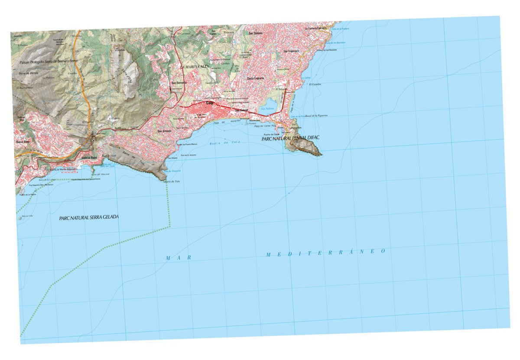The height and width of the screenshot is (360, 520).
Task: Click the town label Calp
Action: [210, 104]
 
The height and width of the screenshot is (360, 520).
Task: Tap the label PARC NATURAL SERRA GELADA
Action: [89, 217]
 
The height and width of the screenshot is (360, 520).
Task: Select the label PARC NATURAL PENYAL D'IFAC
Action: [290, 138]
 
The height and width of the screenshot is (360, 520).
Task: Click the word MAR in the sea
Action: [179, 258]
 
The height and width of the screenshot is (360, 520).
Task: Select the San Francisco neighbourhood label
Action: [292, 52]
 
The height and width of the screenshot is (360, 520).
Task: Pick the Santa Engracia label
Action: [256, 78]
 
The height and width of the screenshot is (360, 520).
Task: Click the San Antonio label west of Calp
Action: [164, 131]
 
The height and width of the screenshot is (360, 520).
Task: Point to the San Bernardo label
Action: [179, 82]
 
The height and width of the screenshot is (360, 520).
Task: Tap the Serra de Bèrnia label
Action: [29, 74]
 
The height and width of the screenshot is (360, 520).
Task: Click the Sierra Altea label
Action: [23, 141]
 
